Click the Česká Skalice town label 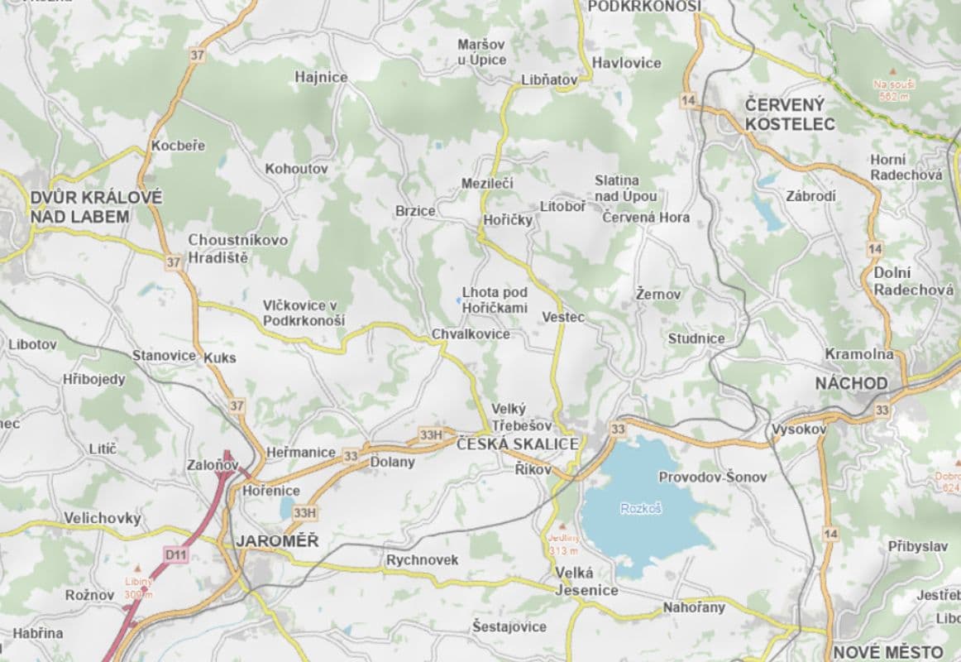518,444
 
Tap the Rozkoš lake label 642,508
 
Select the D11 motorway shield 175,555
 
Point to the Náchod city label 851,384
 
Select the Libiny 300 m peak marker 138,582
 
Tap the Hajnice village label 321,77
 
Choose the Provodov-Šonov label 712,477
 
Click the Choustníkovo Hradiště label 238,248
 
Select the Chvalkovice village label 471,334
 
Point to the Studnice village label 696,338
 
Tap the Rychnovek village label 422,560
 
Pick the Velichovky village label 103,519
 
